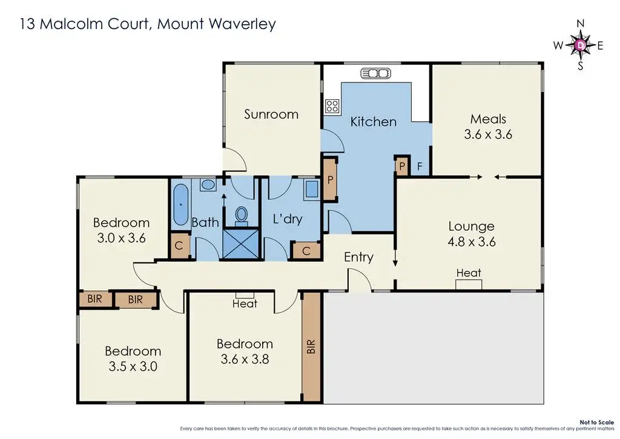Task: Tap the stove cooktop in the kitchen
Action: click(332, 107)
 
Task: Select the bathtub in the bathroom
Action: click(181, 206)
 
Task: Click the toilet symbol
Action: click(242, 215)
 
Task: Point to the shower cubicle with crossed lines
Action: click(241, 243)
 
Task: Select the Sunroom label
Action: click(271, 114)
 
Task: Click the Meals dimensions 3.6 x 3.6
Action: click(488, 134)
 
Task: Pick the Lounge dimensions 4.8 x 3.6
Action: click(471, 242)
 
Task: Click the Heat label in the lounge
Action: click(469, 273)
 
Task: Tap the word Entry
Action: click(358, 257)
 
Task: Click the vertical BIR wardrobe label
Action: click(311, 346)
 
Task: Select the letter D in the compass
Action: click(580, 45)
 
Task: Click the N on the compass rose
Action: click(580, 24)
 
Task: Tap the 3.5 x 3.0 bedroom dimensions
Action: click(133, 366)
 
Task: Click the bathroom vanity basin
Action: click(208, 185)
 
